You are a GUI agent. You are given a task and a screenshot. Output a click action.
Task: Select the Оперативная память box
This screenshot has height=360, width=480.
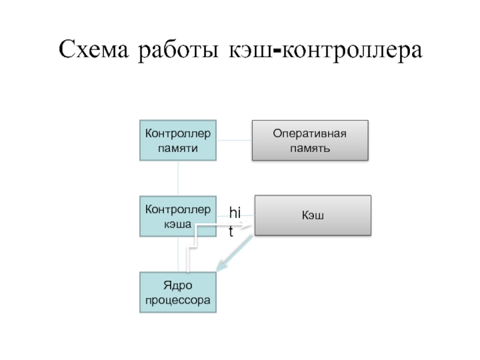pos(310,140)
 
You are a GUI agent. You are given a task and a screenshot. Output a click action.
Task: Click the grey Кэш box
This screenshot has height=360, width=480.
pos(313,215)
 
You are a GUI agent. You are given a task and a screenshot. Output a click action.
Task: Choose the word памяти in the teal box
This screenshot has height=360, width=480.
pos(178,147)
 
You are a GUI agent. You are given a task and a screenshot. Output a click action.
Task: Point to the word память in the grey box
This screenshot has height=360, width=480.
pos(310,148)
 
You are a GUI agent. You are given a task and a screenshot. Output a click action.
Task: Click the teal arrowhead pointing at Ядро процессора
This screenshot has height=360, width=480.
pos(221,268)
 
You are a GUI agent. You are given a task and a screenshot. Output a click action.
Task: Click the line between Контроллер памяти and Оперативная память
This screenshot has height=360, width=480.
pos(233,140)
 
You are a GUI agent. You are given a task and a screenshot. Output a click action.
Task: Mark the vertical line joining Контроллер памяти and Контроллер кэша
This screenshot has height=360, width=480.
pos(178,178)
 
